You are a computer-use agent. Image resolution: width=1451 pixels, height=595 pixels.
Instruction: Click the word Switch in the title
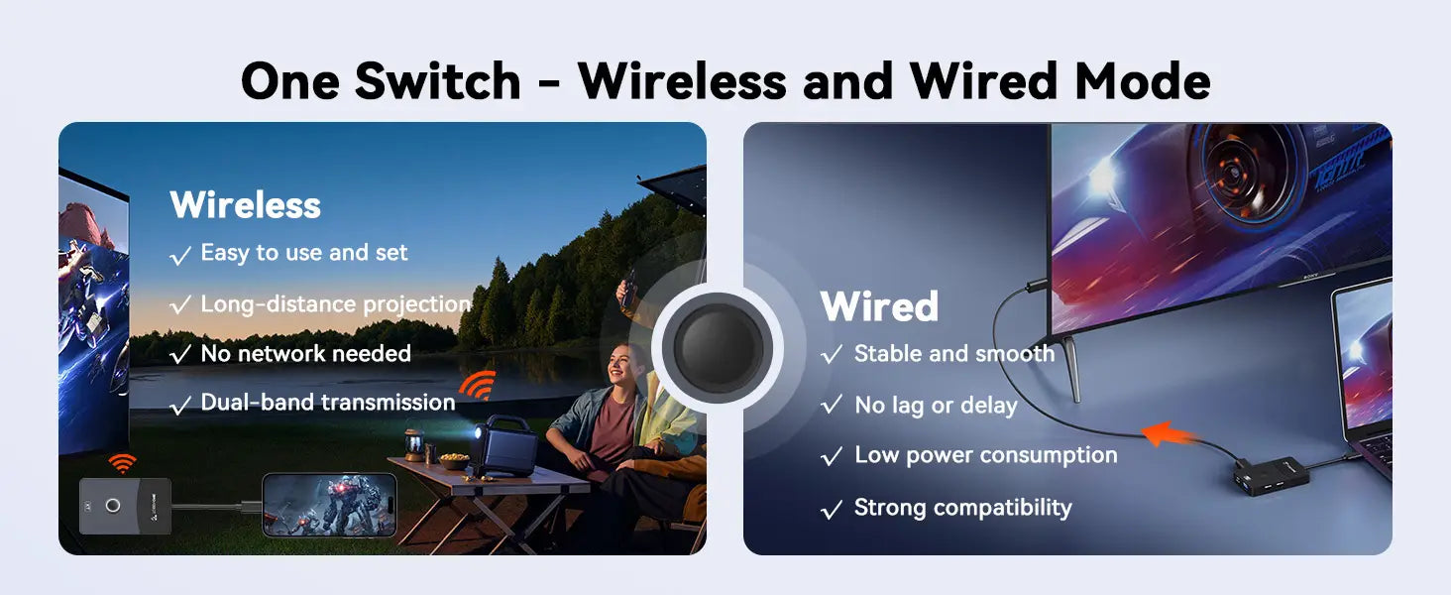tap(438, 81)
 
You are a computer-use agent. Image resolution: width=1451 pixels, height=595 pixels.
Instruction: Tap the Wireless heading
tap(246, 205)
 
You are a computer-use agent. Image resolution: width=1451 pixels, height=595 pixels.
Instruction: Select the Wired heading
tap(879, 305)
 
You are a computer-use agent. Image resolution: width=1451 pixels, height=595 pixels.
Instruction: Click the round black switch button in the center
tap(718, 347)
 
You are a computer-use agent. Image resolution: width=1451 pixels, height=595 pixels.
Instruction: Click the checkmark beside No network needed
tap(180, 354)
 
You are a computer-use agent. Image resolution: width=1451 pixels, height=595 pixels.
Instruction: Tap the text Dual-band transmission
tap(328, 403)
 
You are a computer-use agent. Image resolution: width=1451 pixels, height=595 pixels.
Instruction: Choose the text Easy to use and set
tap(304, 253)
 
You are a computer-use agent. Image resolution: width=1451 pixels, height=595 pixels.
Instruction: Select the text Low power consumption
tap(985, 455)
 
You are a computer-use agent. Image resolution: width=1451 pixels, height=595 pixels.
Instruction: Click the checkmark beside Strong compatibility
tap(832, 510)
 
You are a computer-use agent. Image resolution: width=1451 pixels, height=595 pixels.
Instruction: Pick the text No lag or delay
tap(936, 406)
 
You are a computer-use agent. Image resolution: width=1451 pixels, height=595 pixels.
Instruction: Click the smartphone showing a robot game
tap(330, 505)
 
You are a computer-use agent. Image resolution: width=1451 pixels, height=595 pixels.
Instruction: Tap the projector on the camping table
tap(505, 445)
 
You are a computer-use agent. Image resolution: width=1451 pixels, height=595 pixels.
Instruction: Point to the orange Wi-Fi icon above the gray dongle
tap(123, 463)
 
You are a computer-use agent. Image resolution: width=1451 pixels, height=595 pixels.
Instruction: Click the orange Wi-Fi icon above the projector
tap(478, 385)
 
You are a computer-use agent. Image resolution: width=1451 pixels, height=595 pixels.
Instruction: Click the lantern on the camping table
tap(414, 446)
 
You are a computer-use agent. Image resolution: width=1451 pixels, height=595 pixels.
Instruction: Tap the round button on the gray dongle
tap(113, 506)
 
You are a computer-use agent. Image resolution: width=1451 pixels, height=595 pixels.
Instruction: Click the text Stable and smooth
tap(954, 354)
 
